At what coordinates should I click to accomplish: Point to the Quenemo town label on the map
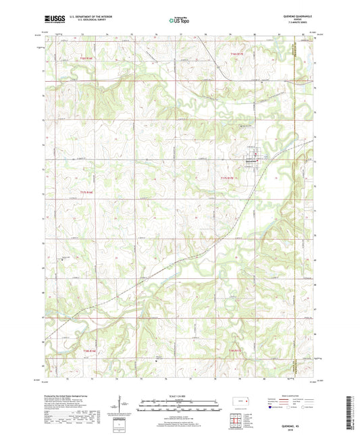(249, 161)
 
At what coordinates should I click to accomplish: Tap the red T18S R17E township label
(234, 351)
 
